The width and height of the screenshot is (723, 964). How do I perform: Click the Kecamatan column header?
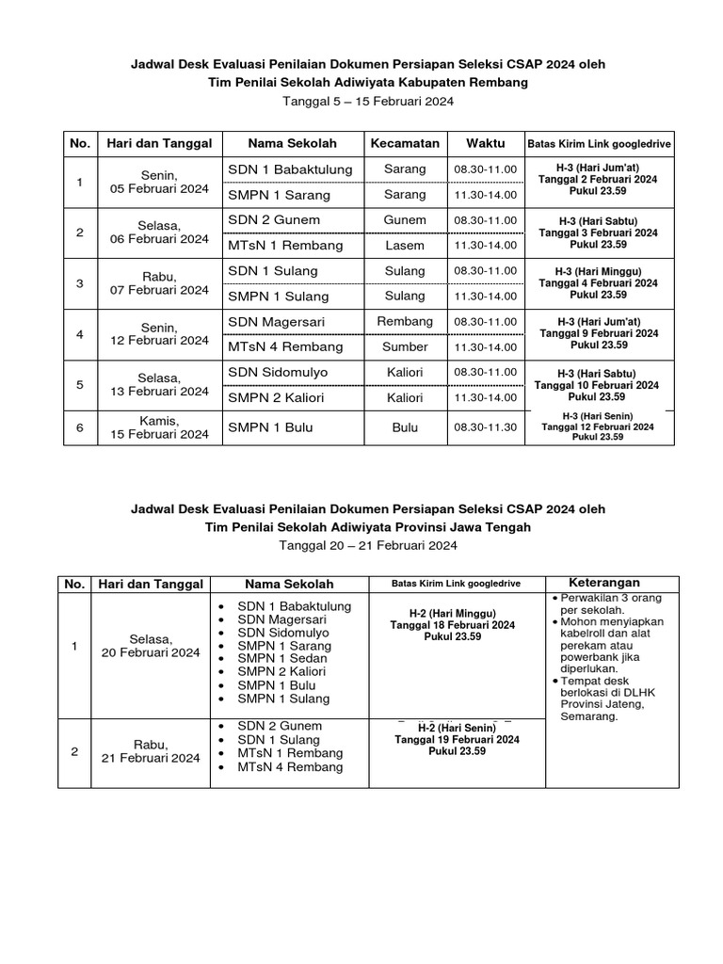(x=405, y=143)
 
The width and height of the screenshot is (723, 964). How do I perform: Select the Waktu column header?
(x=485, y=143)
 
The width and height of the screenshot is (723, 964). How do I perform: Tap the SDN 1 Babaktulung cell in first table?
(x=290, y=169)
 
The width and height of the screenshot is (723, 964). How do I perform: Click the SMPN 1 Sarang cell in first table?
(x=279, y=195)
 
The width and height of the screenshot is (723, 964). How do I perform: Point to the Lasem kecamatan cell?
(x=405, y=246)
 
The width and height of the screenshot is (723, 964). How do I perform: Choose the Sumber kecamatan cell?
(x=405, y=347)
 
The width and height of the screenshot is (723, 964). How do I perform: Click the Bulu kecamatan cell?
(x=405, y=427)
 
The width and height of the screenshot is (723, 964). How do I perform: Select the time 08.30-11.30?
(x=485, y=427)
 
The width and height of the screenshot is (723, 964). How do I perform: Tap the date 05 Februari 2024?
(x=159, y=188)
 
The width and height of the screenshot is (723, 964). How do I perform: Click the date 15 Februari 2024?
(x=159, y=435)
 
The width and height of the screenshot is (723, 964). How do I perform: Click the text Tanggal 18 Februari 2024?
(x=453, y=625)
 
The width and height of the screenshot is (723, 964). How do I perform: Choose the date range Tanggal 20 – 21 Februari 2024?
(x=367, y=546)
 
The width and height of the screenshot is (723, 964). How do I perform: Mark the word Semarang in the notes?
(x=589, y=716)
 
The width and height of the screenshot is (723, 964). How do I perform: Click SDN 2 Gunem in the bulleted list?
(x=280, y=726)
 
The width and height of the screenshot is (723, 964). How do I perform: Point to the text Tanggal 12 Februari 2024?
(x=598, y=426)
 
